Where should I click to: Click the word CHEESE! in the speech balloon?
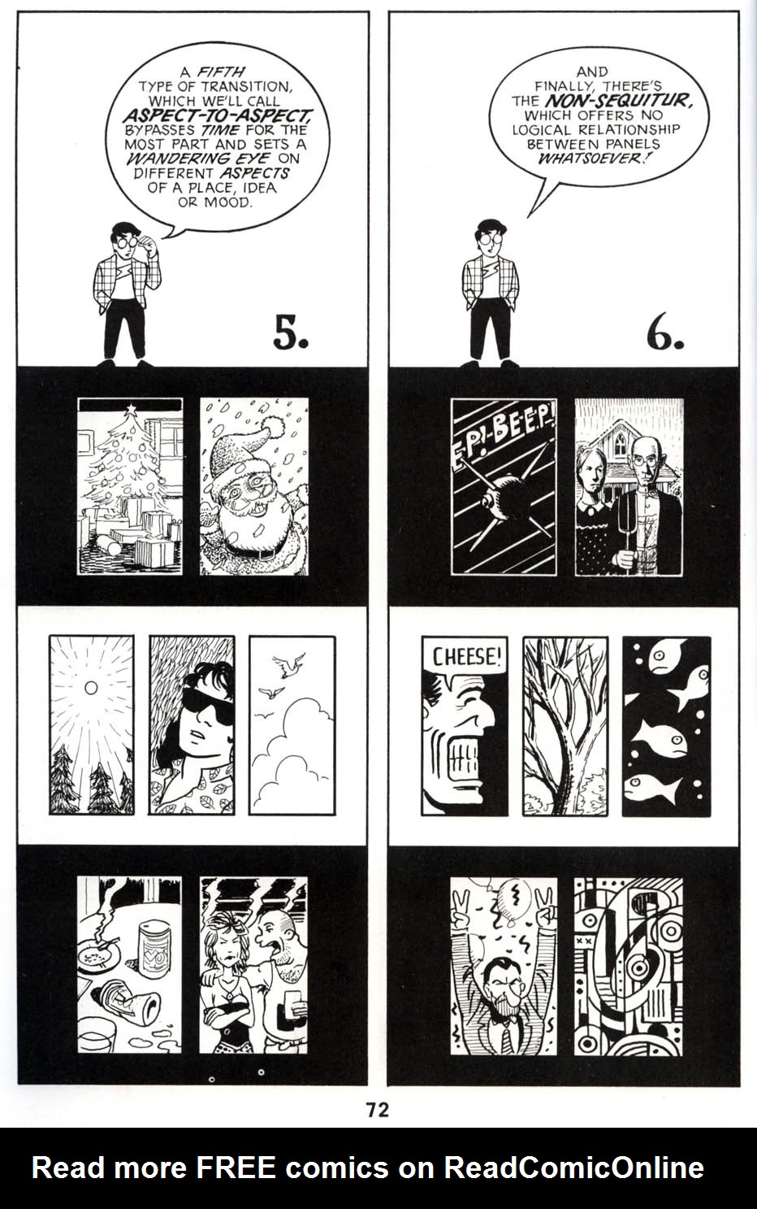(x=464, y=656)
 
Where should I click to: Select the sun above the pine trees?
(x=91, y=688)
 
